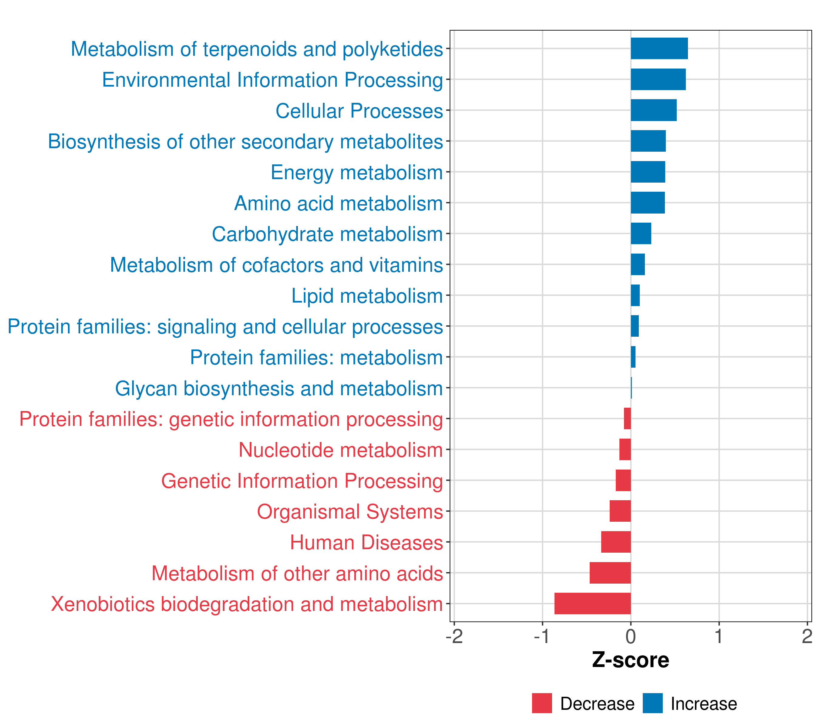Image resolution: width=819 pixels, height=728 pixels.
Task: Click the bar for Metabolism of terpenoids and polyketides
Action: click(x=659, y=49)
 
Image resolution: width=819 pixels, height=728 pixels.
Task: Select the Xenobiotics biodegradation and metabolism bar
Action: click(x=593, y=603)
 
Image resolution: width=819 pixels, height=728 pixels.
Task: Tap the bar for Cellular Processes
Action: click(x=653, y=110)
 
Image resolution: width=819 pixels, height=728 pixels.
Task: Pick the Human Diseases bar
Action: click(x=616, y=542)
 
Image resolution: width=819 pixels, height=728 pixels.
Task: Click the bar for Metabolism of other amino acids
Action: click(x=610, y=573)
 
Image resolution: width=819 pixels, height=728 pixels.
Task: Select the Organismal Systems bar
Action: click(x=620, y=511)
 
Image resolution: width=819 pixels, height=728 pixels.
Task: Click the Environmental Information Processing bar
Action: click(x=658, y=79)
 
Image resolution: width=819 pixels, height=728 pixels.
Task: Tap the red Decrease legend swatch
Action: click(x=542, y=703)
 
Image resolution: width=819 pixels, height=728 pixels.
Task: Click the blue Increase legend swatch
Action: click(x=652, y=703)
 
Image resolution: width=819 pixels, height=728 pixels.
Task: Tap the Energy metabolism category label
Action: click(x=357, y=173)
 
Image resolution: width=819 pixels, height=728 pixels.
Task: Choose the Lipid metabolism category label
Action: click(x=367, y=296)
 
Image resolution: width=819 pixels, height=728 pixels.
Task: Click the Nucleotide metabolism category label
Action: click(x=341, y=450)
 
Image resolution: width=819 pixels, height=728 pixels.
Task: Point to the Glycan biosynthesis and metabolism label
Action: click(x=279, y=389)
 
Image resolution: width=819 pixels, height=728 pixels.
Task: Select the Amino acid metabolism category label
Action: click(x=339, y=204)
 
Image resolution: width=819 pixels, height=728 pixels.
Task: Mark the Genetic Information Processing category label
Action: click(x=302, y=481)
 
